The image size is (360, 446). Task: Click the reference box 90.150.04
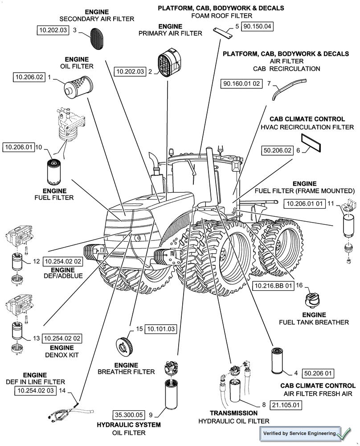(x=257, y=26)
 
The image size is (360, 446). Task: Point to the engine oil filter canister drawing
(x=77, y=87)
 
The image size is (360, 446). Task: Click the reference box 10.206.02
(x=29, y=77)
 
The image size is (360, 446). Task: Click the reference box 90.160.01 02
(x=241, y=83)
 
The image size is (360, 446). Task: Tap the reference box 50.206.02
(x=278, y=150)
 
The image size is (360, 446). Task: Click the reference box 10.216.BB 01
(x=273, y=285)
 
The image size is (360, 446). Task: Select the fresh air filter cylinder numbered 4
(x=278, y=360)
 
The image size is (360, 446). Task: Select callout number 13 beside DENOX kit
(x=36, y=339)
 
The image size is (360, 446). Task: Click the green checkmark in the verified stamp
(x=344, y=433)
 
